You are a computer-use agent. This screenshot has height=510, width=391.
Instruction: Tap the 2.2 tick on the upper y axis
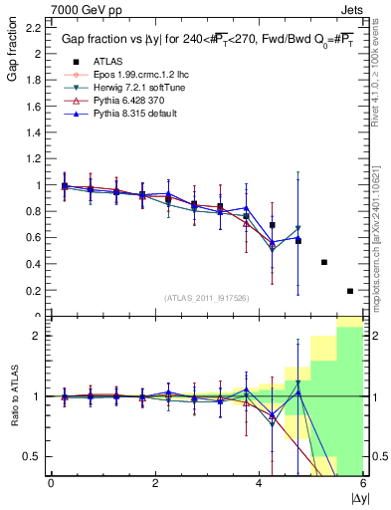click(33, 27)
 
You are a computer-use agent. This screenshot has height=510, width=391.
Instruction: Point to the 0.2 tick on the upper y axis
click(33, 291)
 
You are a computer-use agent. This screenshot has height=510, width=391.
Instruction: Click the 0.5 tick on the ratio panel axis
click(33, 456)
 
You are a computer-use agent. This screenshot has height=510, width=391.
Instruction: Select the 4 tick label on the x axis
click(260, 482)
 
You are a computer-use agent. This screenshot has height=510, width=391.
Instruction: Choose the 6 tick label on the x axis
click(362, 482)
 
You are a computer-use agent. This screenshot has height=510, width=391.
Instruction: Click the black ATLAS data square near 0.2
click(350, 291)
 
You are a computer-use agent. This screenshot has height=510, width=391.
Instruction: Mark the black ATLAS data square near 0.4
click(324, 262)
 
